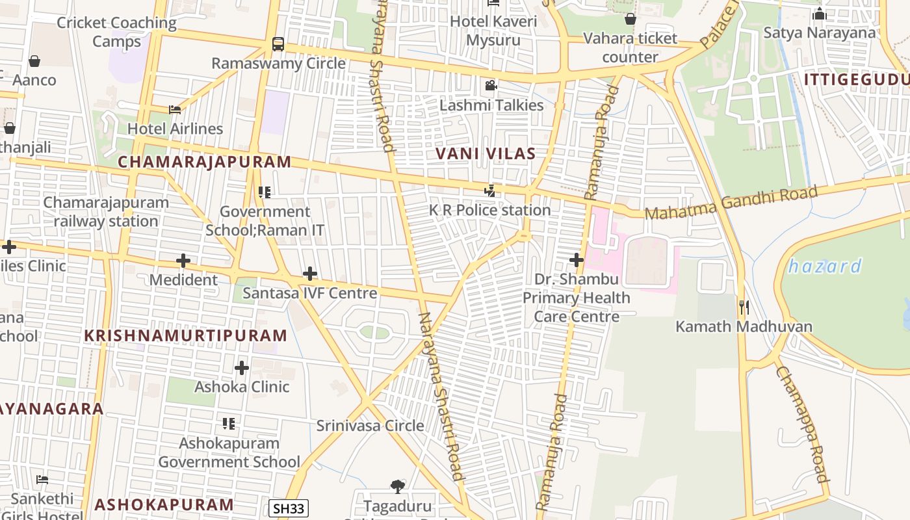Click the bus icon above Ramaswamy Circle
(x=278, y=44)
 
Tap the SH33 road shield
(x=288, y=508)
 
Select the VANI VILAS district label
(x=485, y=154)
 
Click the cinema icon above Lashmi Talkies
(x=491, y=86)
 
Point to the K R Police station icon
(x=490, y=191)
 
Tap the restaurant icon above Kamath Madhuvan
(x=744, y=307)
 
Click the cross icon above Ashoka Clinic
(x=242, y=368)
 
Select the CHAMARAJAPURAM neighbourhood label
(x=204, y=162)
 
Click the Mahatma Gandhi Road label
(x=731, y=203)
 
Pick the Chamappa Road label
(x=802, y=424)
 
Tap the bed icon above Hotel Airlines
(x=175, y=110)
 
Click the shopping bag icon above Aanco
(x=34, y=61)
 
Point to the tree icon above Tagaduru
(x=397, y=486)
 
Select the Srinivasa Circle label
(x=370, y=426)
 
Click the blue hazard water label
(x=825, y=266)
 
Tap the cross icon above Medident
(x=183, y=261)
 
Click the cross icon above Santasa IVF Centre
(x=310, y=274)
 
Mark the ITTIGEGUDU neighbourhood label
(x=856, y=79)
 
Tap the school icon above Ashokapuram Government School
(x=229, y=424)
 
